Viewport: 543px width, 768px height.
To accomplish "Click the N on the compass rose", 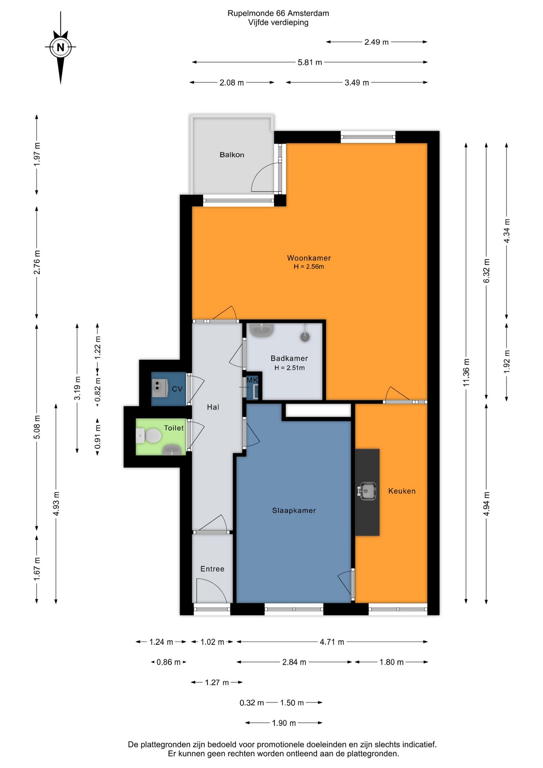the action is (x=60, y=47).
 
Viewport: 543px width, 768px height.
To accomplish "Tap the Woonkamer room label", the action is (x=309, y=258).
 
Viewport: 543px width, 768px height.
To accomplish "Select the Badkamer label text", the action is (x=289, y=358).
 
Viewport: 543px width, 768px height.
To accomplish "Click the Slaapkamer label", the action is (x=294, y=510).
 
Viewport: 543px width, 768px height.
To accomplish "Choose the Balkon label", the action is (x=232, y=155).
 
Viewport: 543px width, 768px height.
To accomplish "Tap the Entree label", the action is (x=212, y=569).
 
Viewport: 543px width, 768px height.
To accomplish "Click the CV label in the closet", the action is (x=177, y=389).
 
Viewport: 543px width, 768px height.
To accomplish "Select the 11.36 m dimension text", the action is (x=466, y=373).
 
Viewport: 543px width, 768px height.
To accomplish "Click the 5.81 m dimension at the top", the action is (x=310, y=62).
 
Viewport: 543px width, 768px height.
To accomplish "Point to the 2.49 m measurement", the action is (x=376, y=42).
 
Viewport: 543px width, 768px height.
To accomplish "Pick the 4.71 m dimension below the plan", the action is (x=332, y=642).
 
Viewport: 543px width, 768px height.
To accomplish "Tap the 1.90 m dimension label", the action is (x=284, y=723).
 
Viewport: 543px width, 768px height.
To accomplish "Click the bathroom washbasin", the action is (x=262, y=330).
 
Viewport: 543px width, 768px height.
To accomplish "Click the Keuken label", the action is (x=402, y=491).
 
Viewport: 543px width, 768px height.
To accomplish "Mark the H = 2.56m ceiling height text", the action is (x=309, y=267).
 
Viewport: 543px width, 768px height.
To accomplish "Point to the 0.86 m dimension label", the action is (x=168, y=662).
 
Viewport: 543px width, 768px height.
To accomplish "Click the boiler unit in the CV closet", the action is (x=160, y=388).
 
